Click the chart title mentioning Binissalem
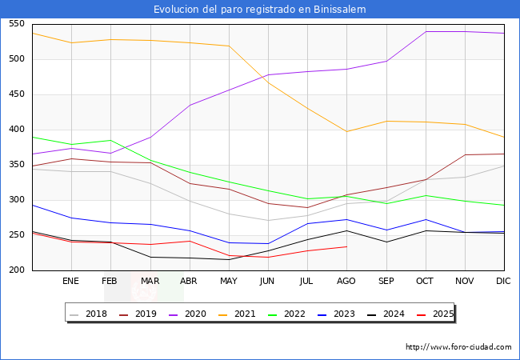[x=260, y=10]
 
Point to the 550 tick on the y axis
[x=15, y=24]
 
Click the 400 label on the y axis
[x=15, y=130]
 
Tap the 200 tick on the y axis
[x=15, y=270]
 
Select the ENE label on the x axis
[x=71, y=282]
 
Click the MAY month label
[x=229, y=282]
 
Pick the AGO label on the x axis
[x=346, y=282]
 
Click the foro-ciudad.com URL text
[x=458, y=347]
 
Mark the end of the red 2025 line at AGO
[x=346, y=246]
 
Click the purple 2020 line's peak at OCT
[x=426, y=32]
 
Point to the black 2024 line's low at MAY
[x=229, y=259]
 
